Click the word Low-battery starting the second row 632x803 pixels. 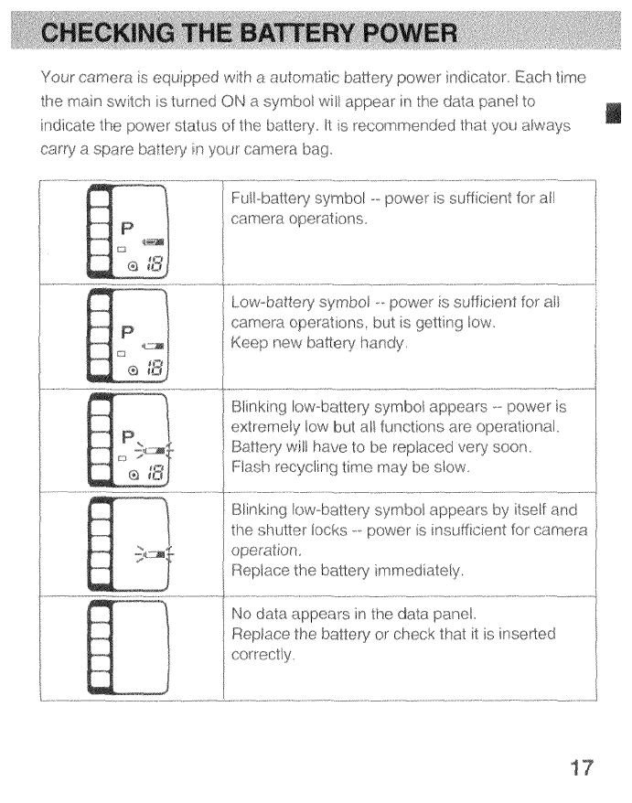(272, 303)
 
